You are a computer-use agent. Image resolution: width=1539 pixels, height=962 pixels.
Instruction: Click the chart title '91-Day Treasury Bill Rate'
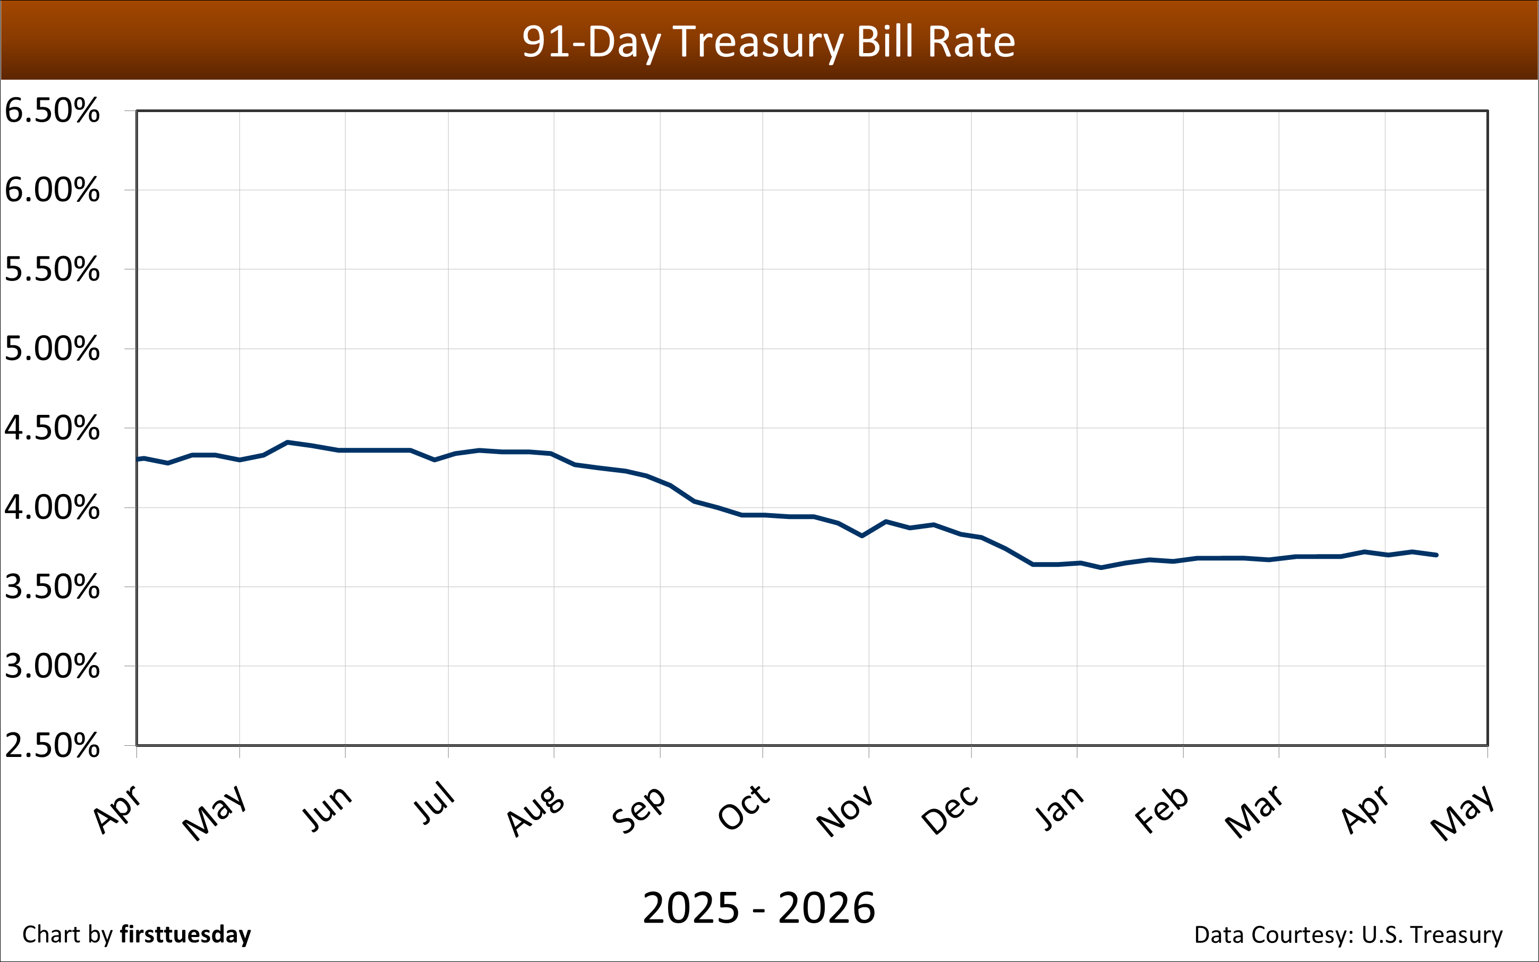click(x=768, y=42)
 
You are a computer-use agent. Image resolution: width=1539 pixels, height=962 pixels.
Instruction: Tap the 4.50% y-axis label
click(x=52, y=428)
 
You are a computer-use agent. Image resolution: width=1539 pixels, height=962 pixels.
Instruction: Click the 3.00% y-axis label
click(x=52, y=666)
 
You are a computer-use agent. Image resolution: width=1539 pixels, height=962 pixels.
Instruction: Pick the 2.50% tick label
click(x=52, y=746)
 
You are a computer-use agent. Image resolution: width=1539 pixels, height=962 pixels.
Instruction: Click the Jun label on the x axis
click(x=326, y=808)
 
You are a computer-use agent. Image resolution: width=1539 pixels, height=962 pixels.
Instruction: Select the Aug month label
click(x=535, y=811)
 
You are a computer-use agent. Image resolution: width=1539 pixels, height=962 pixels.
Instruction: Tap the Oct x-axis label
click(x=744, y=807)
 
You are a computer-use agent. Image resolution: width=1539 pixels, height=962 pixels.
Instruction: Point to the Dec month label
click(x=950, y=810)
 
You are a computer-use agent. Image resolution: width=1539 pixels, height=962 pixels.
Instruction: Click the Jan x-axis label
click(x=1059, y=808)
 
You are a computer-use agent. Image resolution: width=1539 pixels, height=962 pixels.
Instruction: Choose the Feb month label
click(x=1161, y=810)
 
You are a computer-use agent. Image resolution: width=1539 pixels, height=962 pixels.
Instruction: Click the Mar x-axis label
click(x=1254, y=811)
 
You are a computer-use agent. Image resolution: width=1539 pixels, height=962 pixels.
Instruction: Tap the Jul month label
click(x=434, y=803)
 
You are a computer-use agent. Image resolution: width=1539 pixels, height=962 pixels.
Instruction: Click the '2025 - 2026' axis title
click(x=759, y=908)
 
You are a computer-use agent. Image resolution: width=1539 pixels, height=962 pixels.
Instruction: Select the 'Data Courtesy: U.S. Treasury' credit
click(x=1348, y=934)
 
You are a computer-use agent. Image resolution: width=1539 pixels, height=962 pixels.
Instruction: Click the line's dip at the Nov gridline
click(x=862, y=536)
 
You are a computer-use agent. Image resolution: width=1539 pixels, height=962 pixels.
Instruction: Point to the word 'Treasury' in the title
click(x=758, y=42)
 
